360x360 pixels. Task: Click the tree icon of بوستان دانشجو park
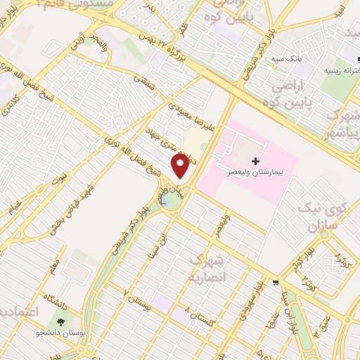coord(63,322)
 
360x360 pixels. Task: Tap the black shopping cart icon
coord(276,283)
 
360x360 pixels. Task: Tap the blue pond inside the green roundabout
coord(169,202)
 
